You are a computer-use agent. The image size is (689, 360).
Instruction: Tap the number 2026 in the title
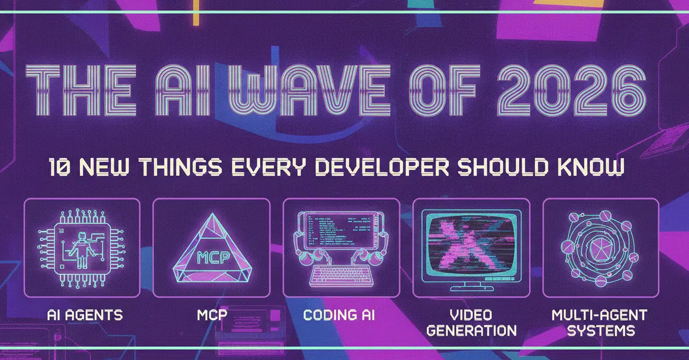[572, 90]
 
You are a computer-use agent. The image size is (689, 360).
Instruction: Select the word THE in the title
[81, 90]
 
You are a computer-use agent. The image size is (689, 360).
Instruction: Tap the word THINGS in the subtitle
[180, 167]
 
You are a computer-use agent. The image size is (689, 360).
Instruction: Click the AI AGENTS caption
[85, 315]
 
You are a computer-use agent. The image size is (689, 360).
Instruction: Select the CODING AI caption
[339, 315]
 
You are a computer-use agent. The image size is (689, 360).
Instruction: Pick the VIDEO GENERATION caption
[471, 323]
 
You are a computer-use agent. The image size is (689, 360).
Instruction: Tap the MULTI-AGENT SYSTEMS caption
[599, 323]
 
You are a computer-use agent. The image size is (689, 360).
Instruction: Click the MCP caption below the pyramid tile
[212, 315]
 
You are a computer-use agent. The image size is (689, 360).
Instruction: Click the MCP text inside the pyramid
[213, 258]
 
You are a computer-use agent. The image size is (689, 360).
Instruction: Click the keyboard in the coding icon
[342, 276]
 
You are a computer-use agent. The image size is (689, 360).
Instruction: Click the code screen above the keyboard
[341, 230]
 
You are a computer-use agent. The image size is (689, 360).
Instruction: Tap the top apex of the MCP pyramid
[212, 213]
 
